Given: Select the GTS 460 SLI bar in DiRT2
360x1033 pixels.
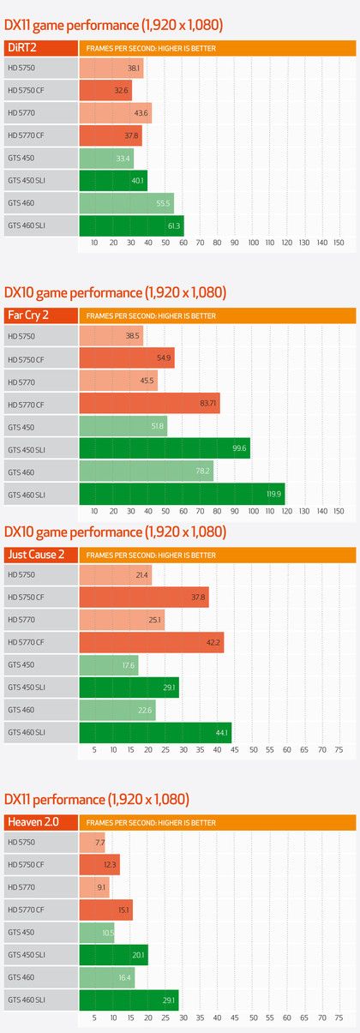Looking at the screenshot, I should [x=131, y=226].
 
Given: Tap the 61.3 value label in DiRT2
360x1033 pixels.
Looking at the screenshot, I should [x=173, y=226].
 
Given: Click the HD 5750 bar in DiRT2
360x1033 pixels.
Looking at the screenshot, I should [x=111, y=68].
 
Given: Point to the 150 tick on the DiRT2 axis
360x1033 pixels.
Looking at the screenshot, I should [x=339, y=243].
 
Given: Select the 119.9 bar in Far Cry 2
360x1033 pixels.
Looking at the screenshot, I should [x=182, y=494].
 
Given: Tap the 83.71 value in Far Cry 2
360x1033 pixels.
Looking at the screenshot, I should [x=207, y=405].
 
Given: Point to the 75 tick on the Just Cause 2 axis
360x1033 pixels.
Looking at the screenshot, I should [x=339, y=750].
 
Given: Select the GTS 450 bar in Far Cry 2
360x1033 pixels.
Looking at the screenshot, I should [x=123, y=427].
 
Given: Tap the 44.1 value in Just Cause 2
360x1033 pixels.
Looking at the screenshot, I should [x=221, y=733].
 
